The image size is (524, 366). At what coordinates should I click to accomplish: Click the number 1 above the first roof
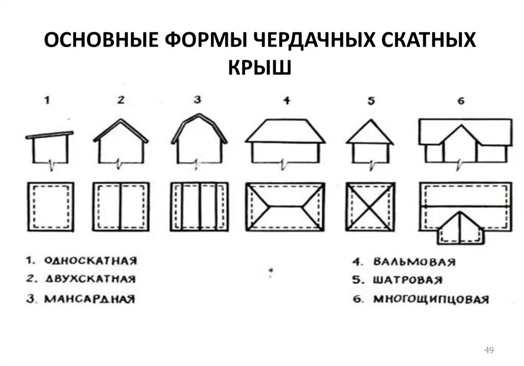pos(47,100)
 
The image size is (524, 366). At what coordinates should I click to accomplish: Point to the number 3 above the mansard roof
pos(198,100)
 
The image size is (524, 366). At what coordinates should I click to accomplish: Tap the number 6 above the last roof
pos(461,101)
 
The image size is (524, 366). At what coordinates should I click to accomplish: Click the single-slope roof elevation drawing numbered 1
pos(50,148)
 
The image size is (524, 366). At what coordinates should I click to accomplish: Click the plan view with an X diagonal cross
pos(370,207)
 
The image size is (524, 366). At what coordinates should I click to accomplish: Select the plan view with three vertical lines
pos(199,207)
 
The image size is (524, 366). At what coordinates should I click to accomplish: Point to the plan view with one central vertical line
pos(121,207)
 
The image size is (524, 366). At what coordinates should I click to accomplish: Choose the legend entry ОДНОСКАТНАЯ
pos(90,261)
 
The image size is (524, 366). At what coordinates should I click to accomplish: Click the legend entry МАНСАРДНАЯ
pos(89,299)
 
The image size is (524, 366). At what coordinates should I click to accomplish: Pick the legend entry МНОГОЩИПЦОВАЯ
pos(430,299)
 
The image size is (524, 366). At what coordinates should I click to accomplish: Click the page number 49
pos(489,350)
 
